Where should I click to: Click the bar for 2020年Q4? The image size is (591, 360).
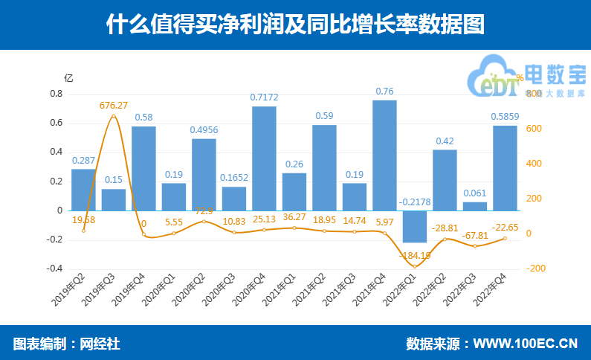point(264,158)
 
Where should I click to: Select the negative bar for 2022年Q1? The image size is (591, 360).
point(414,226)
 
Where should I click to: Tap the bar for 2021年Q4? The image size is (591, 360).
point(384,155)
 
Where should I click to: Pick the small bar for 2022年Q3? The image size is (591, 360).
point(475,206)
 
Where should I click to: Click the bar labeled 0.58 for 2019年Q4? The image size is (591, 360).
point(143,168)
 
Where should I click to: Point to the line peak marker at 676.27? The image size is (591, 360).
point(114,116)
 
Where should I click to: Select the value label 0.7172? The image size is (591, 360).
point(264,97)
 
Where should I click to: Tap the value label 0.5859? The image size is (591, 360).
point(505,116)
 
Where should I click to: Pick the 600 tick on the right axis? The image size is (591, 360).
point(534,129)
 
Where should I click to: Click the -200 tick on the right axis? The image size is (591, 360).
point(535,269)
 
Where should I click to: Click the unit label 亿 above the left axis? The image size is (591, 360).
point(68,77)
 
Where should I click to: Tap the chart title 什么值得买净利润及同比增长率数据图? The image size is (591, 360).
point(295,25)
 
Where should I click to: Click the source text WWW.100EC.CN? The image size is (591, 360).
point(525,344)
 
